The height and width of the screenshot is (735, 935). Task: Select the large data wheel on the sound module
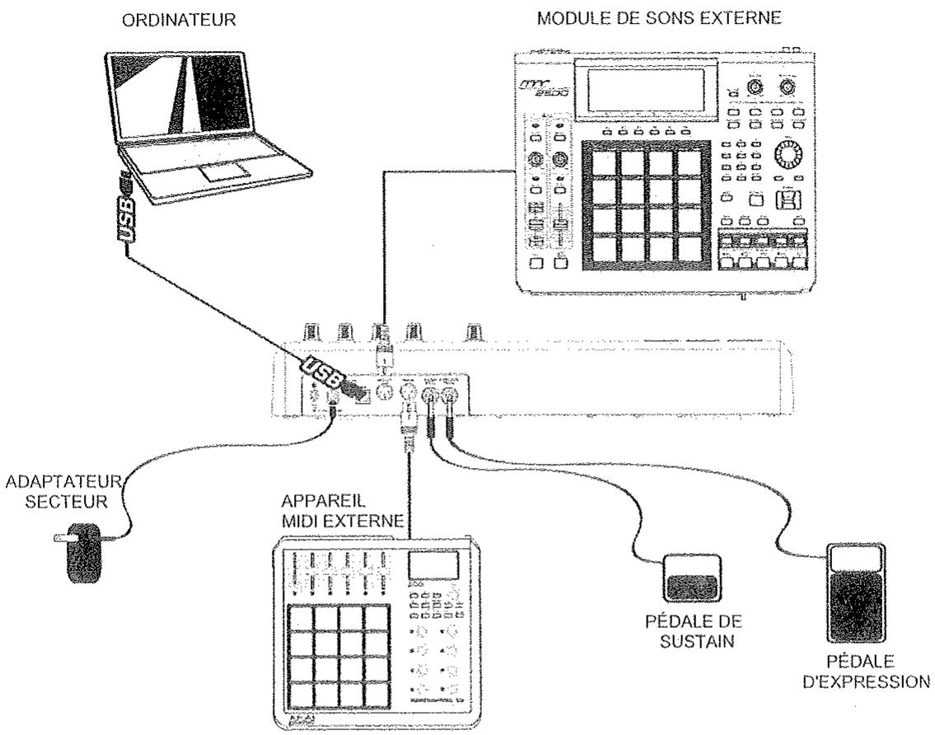click(788, 155)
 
